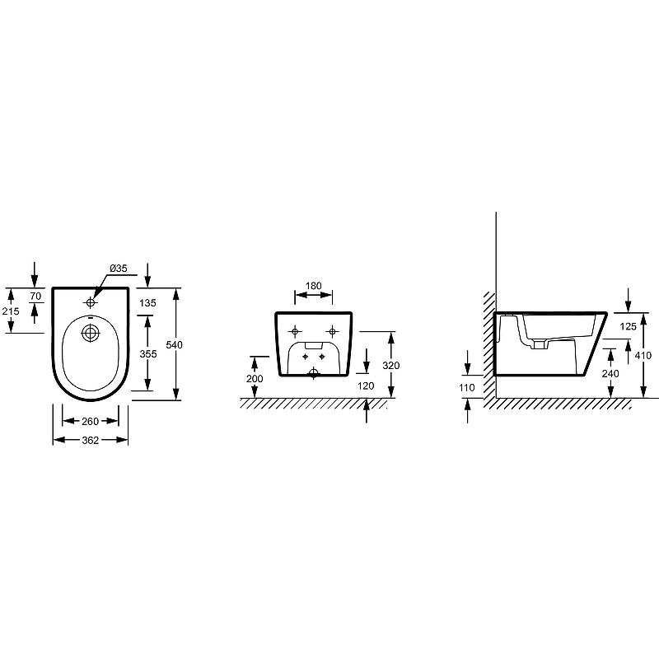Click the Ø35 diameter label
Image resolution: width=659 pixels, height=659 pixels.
(119, 269)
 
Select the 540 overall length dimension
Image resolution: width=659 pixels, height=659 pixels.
(174, 345)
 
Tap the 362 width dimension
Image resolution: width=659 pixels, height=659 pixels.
(91, 440)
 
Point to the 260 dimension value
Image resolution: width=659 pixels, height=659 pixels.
(91, 421)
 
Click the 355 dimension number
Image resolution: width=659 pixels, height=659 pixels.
(148, 354)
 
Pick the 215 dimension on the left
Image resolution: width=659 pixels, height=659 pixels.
(11, 311)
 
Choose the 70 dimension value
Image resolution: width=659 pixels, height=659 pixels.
(35, 297)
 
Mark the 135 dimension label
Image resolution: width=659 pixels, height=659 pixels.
(147, 303)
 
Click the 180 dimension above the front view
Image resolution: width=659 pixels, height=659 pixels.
(314, 286)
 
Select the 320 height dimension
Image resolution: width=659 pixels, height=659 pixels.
(390, 366)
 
